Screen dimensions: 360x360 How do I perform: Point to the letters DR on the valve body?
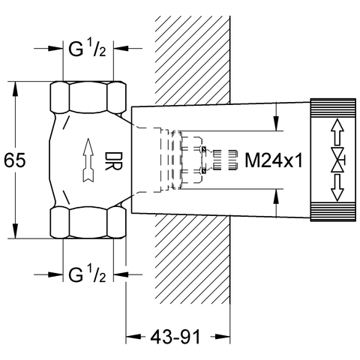pyautogui.click(x=110, y=160)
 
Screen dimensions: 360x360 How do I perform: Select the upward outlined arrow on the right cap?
pyautogui.click(x=337, y=129)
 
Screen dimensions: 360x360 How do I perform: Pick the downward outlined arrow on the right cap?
pyautogui.click(x=337, y=190)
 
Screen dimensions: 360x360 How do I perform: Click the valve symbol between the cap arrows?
pyautogui.click(x=337, y=159)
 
